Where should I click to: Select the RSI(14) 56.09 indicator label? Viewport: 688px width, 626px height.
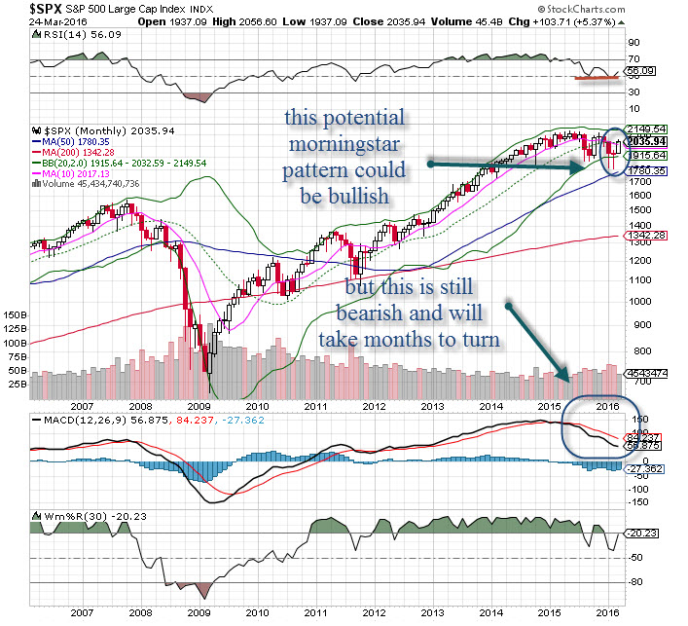(x=67, y=32)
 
